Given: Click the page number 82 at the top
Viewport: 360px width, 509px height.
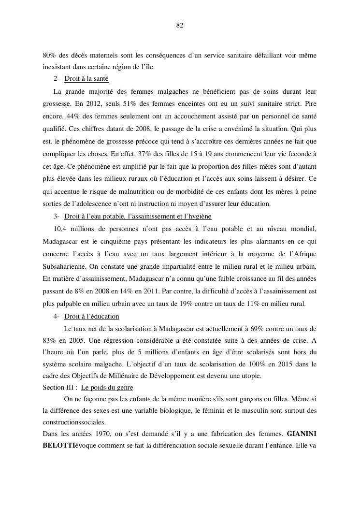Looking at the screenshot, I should [180, 26].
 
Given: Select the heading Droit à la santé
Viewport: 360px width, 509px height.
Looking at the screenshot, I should [86, 79].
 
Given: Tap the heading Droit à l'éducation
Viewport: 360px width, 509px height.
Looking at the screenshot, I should [91, 317].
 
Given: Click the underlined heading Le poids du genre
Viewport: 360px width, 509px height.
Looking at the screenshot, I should [107, 387].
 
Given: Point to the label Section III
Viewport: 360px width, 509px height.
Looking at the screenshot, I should [58, 387].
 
